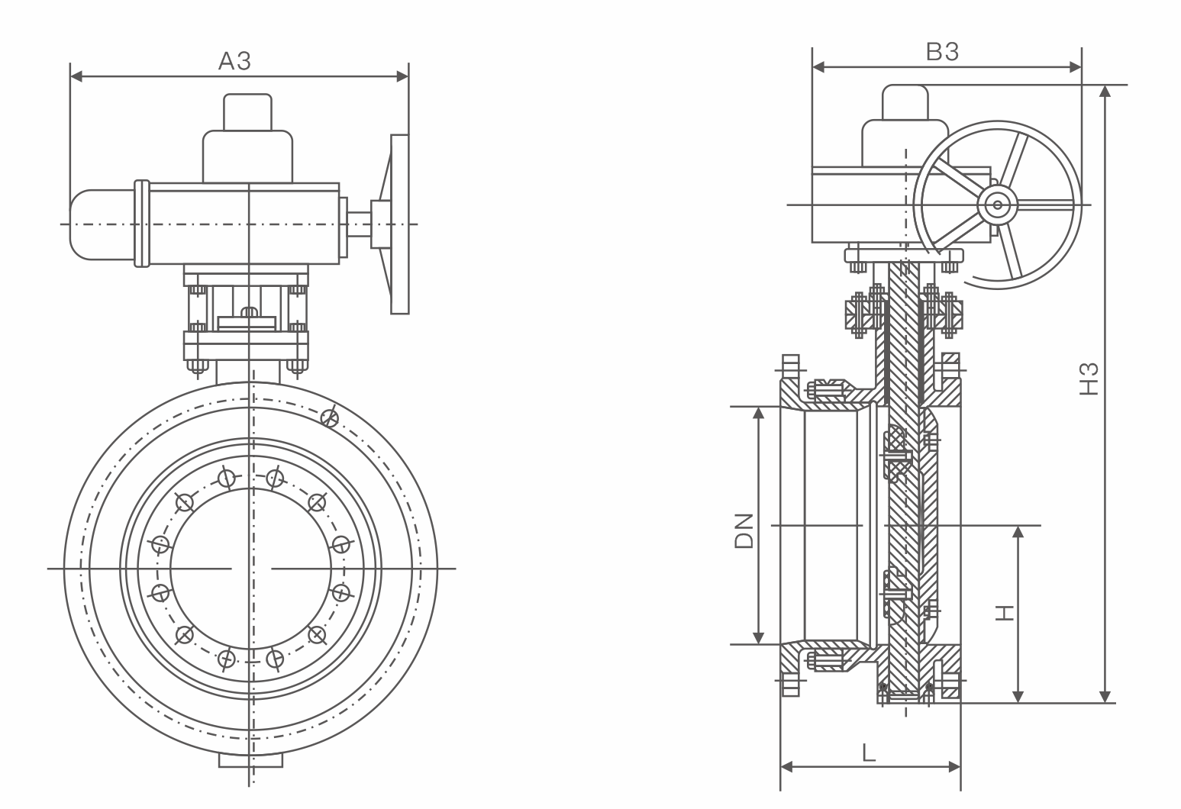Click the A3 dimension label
[x=234, y=61]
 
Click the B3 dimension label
[x=942, y=52]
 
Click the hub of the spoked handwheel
[x=996, y=205]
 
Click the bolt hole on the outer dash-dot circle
[x=330, y=417]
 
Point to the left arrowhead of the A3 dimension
[x=75, y=76]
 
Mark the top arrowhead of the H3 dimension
[x=1105, y=91]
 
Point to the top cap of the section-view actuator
[x=905, y=102]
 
